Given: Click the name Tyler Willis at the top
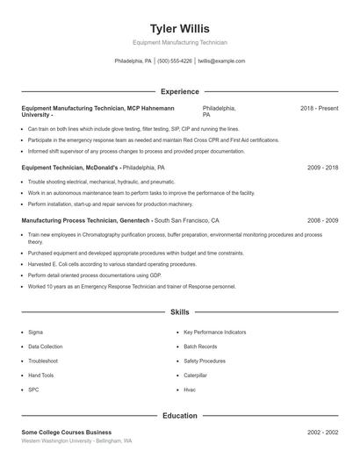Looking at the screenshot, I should pos(179,28).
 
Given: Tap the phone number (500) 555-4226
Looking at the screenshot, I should pos(176,61).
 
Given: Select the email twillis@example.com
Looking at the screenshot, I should pos(221,61).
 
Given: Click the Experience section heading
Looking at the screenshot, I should pos(179,91).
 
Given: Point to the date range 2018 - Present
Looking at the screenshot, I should pos(319,108).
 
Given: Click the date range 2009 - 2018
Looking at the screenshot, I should pos(322,167).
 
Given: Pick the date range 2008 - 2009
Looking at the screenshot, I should pos(322,221).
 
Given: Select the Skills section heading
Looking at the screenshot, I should pos(179,312).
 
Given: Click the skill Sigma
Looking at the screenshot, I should pos(35,333).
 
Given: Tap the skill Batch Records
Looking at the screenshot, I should pos(199,347).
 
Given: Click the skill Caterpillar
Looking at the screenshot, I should pos(195,375).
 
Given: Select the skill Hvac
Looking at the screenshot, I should pos(190,389).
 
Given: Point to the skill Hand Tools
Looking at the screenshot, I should pos(40,375).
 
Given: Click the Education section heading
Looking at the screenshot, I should pos(179,416).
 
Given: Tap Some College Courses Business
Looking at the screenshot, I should pos(66,433).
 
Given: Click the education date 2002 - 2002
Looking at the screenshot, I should pos(322,433).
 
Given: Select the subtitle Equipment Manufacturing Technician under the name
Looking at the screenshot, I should pos(179,42).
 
